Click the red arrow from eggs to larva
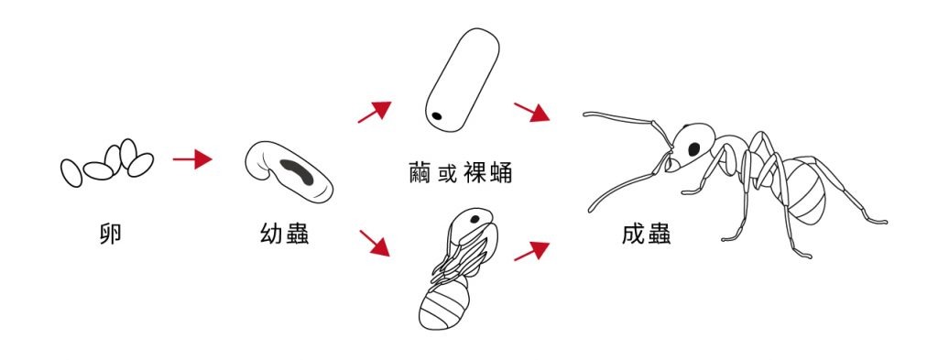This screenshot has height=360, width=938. pos(192,159)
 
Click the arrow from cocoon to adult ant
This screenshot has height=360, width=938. pos(531,112)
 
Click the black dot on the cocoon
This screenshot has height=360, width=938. pos(437,116)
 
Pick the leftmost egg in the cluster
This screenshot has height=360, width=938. pos(72,172)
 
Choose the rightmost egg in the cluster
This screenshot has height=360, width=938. pos(139,165)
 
